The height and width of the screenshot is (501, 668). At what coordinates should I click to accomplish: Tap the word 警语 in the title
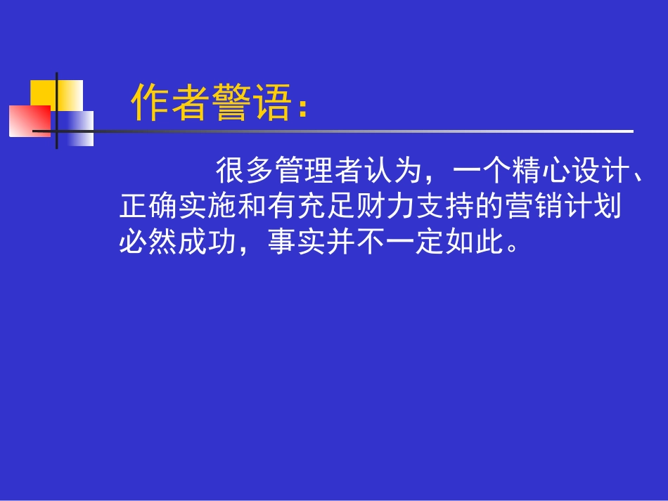[x=252, y=103]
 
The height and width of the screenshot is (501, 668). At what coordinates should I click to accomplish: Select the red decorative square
[x=29, y=120]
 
